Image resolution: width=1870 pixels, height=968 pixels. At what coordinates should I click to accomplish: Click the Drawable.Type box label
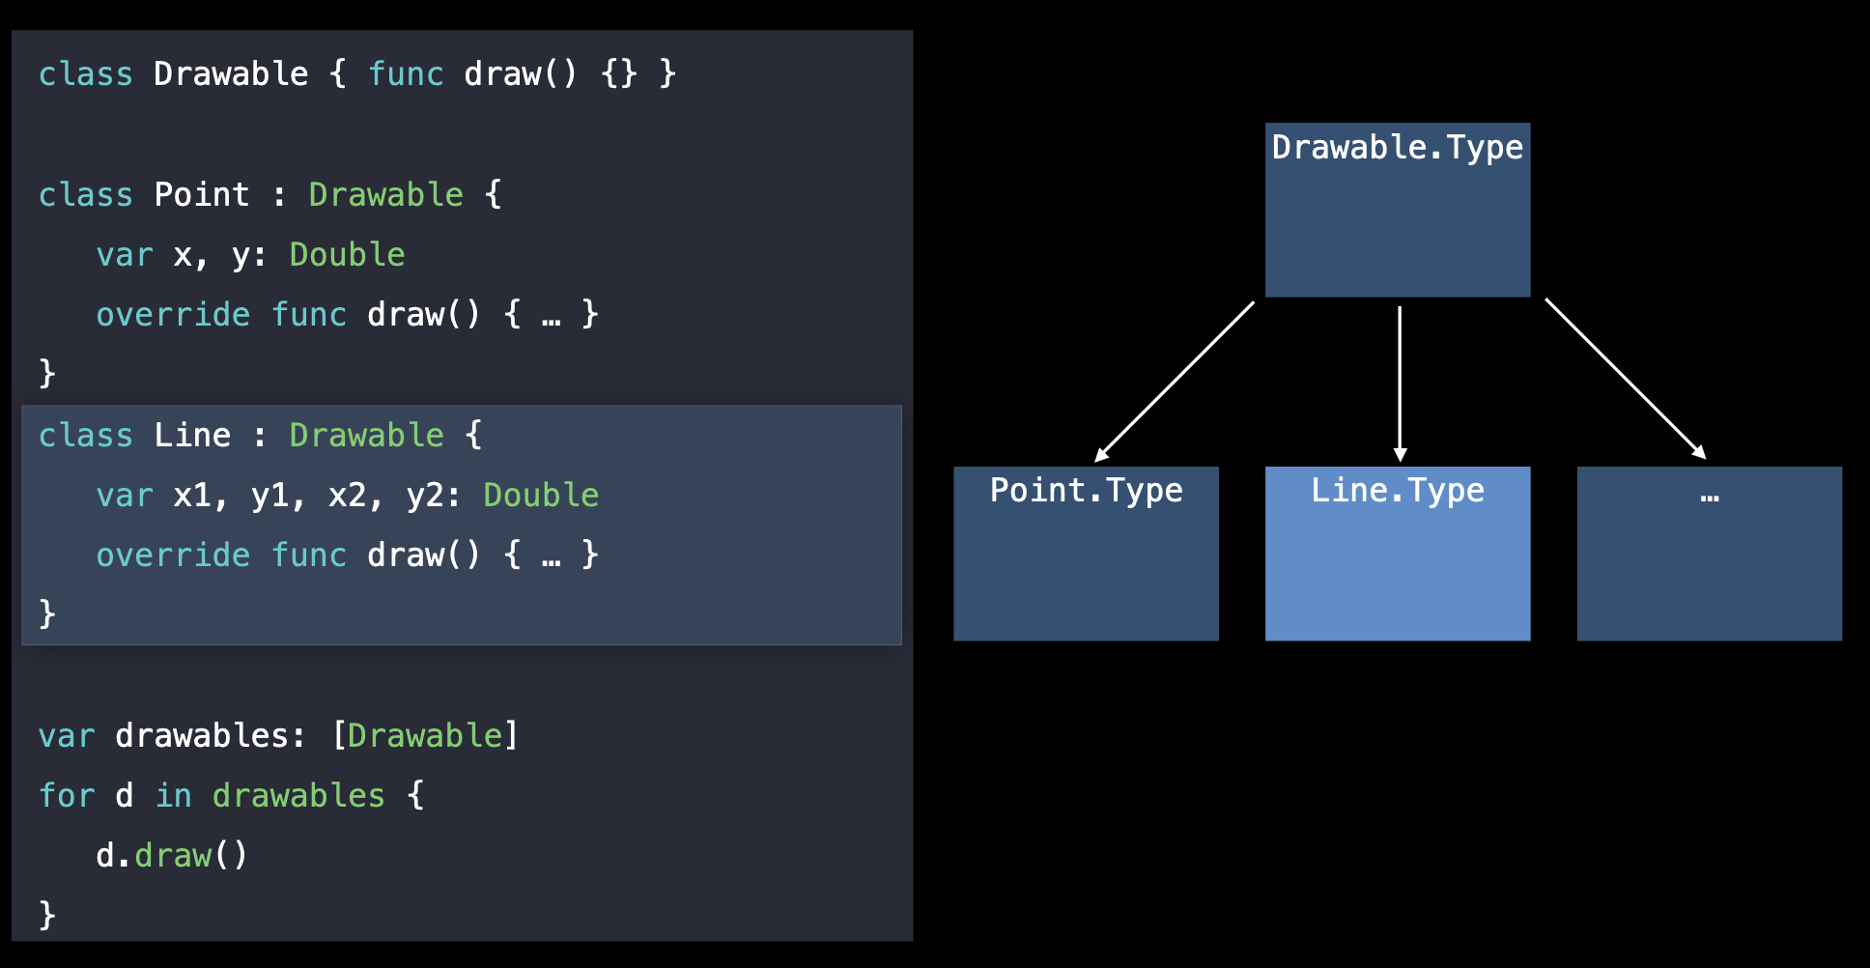[x=1397, y=148]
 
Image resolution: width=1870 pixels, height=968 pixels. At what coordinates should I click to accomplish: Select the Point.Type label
[x=1086, y=491]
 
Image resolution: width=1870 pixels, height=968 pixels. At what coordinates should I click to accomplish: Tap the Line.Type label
[x=1397, y=491]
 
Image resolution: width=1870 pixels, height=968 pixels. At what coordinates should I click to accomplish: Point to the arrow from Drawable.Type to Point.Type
[x=1175, y=382]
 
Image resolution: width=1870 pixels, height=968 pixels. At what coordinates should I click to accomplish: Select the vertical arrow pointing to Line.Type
[x=1400, y=383]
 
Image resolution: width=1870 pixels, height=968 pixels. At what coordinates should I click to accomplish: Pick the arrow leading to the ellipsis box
[x=1626, y=379]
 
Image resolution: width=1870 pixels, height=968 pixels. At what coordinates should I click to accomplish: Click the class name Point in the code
[x=201, y=195]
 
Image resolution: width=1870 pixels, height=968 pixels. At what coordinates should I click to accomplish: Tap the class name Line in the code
[x=192, y=436]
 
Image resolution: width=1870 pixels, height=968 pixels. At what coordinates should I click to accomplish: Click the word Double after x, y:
[x=347, y=255]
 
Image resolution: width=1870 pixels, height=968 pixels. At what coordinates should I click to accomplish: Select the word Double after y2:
[x=541, y=496]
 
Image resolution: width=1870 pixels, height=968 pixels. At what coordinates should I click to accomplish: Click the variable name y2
[x=425, y=496]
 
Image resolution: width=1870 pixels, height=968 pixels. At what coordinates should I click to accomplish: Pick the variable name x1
[x=192, y=496]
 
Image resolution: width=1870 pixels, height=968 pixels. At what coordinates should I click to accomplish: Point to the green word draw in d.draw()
[x=173, y=856]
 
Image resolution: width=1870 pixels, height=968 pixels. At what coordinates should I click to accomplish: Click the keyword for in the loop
[x=67, y=796]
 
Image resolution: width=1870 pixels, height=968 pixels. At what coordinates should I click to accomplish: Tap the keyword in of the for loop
[x=174, y=796]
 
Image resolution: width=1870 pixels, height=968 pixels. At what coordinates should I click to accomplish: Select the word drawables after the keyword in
[x=298, y=796]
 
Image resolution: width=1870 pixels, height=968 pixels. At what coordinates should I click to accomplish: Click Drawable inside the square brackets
[x=425, y=736]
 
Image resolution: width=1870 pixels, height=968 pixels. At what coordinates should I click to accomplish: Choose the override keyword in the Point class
[x=173, y=315]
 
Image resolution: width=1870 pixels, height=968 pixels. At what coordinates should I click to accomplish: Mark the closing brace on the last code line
[x=47, y=914]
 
